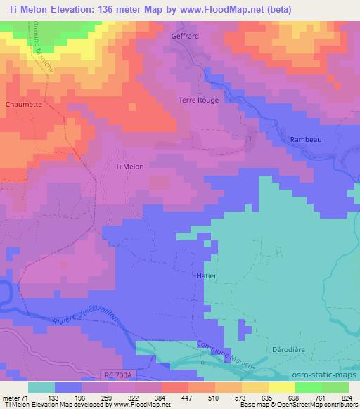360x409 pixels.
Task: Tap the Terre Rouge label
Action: pos(199,100)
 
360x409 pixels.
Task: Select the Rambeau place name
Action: pos(306,140)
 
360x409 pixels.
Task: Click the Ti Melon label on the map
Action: pos(129,166)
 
